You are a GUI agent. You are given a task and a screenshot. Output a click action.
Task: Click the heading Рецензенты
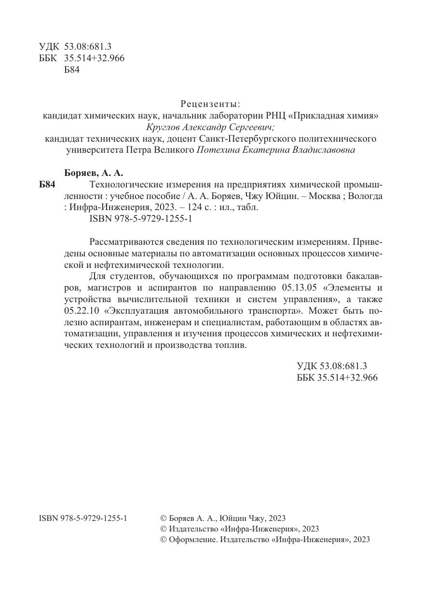pos(210,104)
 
